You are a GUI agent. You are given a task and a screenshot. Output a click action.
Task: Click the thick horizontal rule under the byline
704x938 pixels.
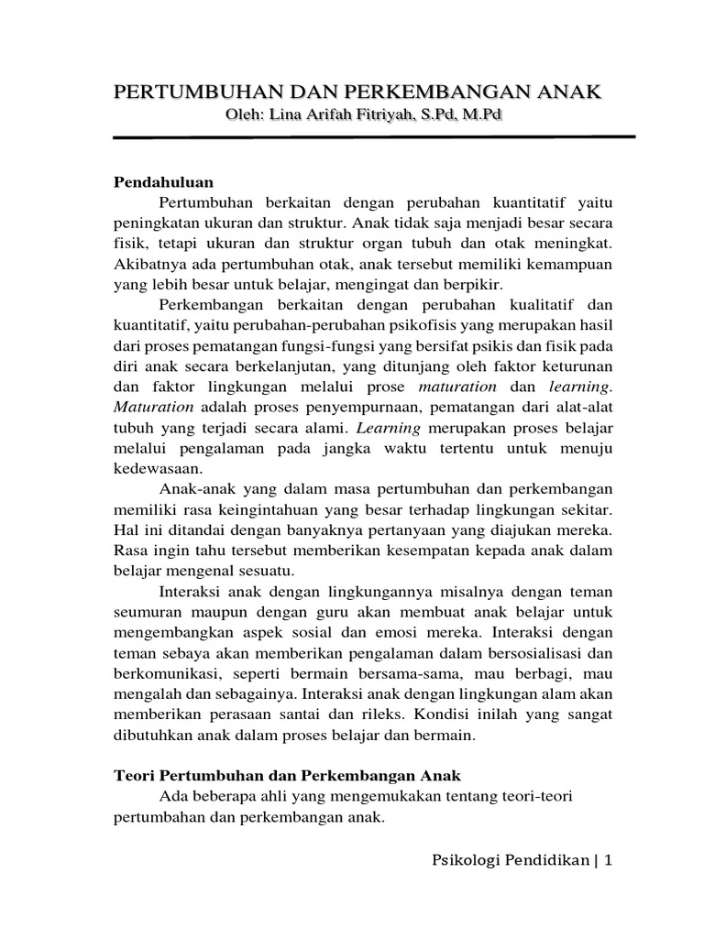tap(374, 137)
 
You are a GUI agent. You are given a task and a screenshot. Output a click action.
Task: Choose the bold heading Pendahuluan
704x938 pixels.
tap(163, 181)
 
